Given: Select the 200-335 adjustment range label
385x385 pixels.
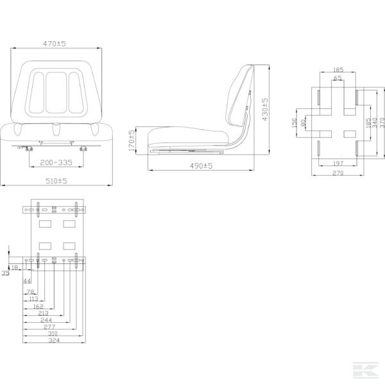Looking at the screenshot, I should [x=56, y=163].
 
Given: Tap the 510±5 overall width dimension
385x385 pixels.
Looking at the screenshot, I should [x=56, y=182].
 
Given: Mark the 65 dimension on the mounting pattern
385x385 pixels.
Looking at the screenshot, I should [x=338, y=78].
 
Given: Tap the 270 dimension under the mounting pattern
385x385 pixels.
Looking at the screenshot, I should [x=338, y=173].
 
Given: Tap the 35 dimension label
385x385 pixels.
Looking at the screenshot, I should [x=5, y=273].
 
